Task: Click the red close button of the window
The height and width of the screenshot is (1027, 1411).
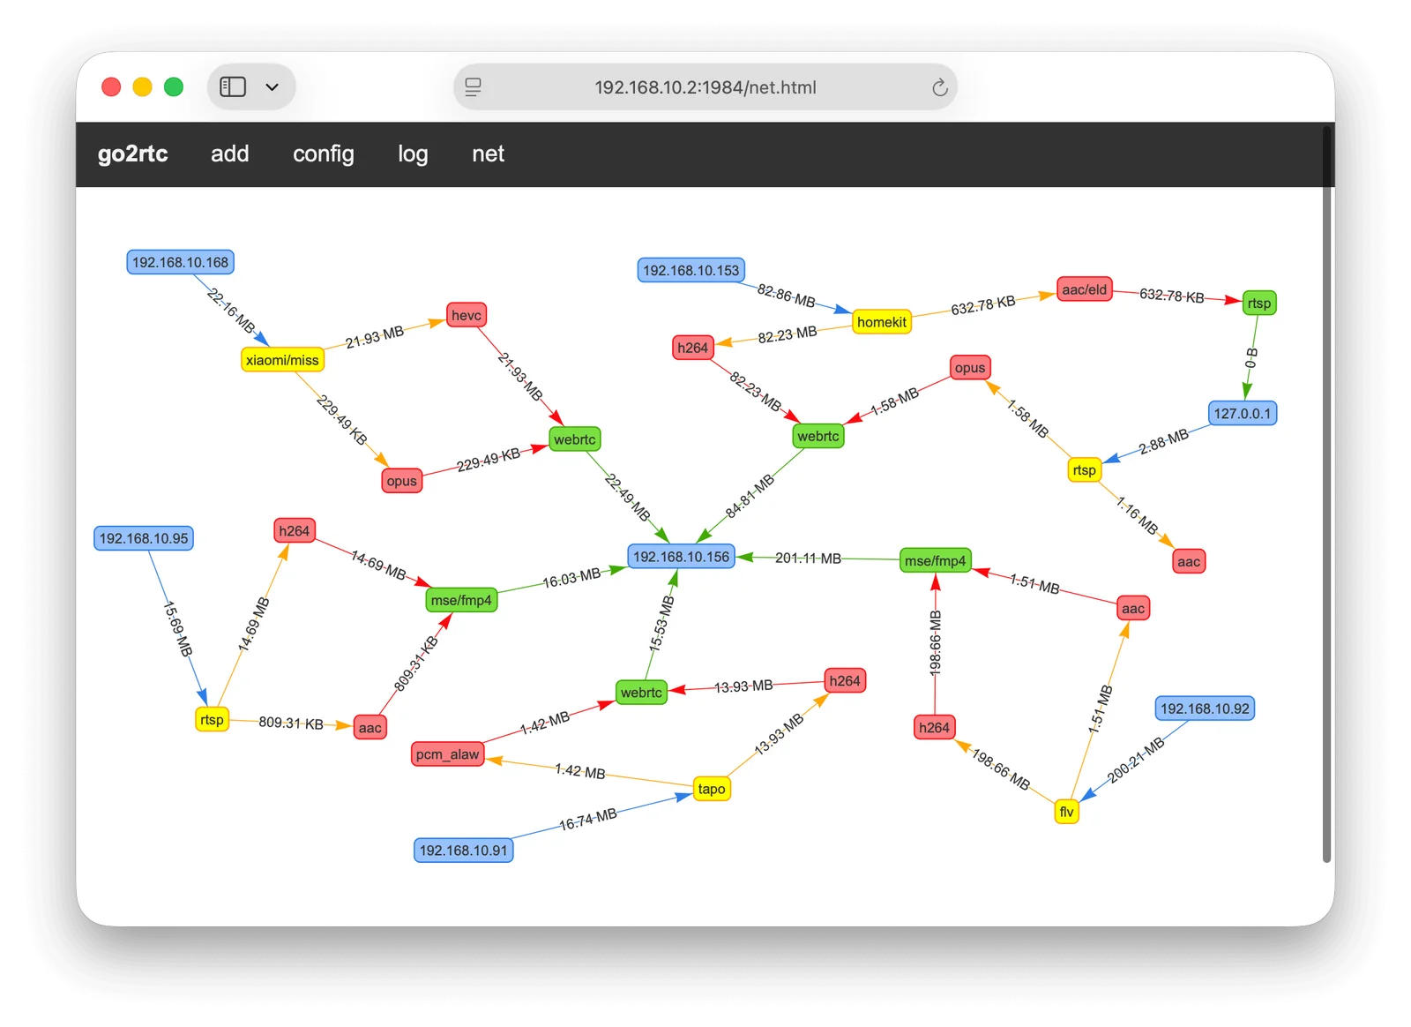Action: click(111, 87)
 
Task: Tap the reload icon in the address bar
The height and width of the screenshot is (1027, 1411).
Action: click(940, 87)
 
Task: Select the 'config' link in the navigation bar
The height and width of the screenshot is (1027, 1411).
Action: click(323, 154)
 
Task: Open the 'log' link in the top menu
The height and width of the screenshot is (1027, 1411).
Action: click(414, 154)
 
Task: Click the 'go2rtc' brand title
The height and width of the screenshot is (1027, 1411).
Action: click(133, 154)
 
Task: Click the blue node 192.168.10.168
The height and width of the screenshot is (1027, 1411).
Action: click(180, 262)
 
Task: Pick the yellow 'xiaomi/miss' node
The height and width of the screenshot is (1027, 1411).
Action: click(282, 360)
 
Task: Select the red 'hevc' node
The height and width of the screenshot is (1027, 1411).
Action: click(467, 315)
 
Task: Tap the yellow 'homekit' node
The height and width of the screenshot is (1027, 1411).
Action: click(881, 322)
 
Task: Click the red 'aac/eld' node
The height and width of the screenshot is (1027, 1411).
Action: click(1084, 289)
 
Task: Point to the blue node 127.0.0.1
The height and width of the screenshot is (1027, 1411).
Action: click(1243, 413)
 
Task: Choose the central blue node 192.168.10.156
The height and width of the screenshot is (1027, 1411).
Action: click(681, 557)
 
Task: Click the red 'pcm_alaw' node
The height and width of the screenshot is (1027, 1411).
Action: click(447, 754)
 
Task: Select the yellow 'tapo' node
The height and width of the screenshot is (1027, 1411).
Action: click(711, 789)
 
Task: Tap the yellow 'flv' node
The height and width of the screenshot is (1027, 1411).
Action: click(1066, 812)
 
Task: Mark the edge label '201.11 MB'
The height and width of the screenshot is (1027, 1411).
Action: click(808, 558)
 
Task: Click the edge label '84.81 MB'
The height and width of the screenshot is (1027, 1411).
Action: click(750, 497)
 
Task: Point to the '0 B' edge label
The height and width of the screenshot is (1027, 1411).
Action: click(1251, 358)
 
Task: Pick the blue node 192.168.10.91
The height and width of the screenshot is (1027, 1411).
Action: click(464, 851)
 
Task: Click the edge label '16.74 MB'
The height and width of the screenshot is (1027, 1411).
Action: click(587, 820)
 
